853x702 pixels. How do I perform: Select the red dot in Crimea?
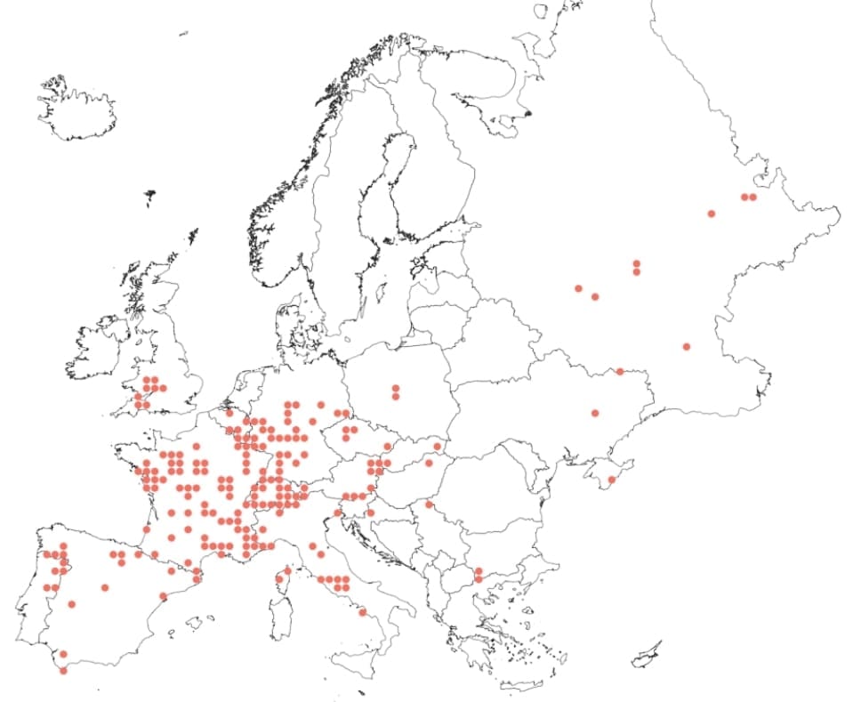611,480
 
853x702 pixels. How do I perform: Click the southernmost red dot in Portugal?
63,671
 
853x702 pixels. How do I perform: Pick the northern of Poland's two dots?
395,388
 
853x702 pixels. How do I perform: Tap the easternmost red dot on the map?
752,197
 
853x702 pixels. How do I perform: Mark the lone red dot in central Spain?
105,587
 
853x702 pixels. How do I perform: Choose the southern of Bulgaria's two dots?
479,579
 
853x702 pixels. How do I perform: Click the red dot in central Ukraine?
594,413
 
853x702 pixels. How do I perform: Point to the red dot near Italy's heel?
362,612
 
